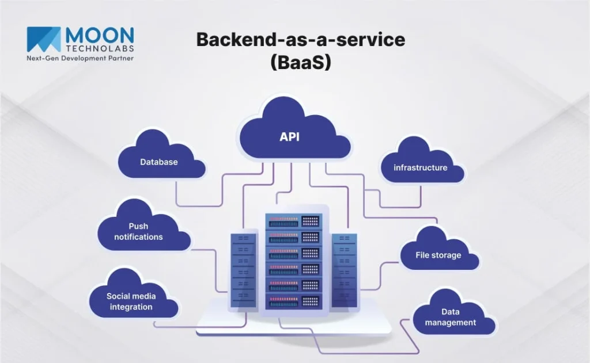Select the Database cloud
160,161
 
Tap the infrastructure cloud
421,167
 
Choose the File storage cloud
438,254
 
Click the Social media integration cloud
132,300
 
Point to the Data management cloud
451,316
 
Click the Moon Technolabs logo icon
44,39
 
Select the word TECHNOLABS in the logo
99,48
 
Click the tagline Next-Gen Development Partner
80,59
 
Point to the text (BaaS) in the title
301,62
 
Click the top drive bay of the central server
293,221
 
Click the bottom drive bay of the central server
293,300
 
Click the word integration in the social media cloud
131,307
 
